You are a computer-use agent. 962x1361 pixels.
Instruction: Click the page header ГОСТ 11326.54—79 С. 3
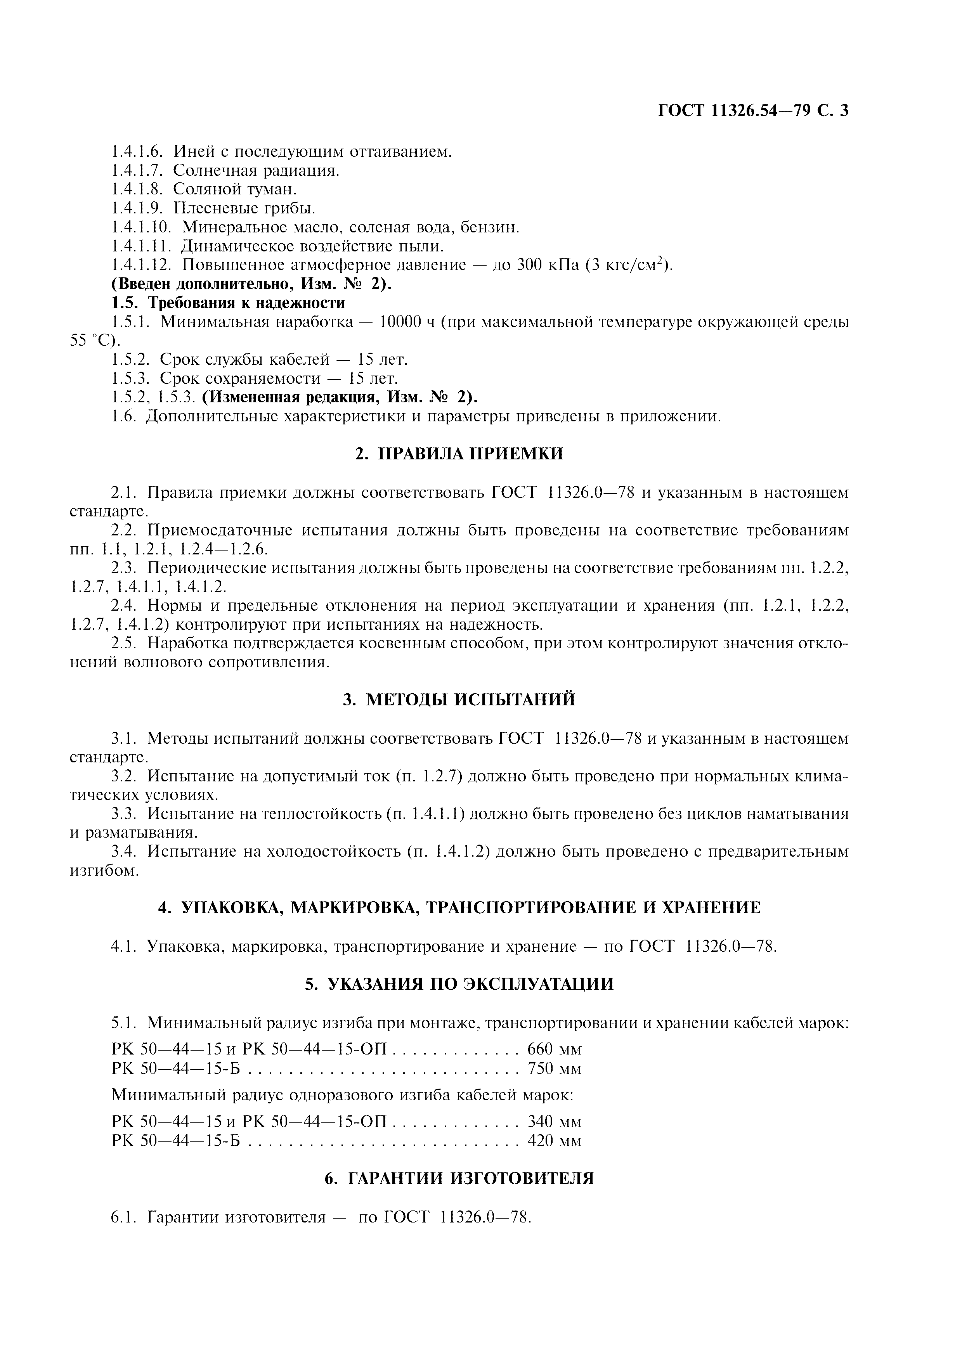click(x=753, y=111)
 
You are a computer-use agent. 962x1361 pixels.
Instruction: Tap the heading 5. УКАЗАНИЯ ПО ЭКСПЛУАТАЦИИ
click(x=459, y=984)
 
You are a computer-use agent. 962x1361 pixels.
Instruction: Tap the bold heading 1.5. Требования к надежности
click(x=228, y=303)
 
